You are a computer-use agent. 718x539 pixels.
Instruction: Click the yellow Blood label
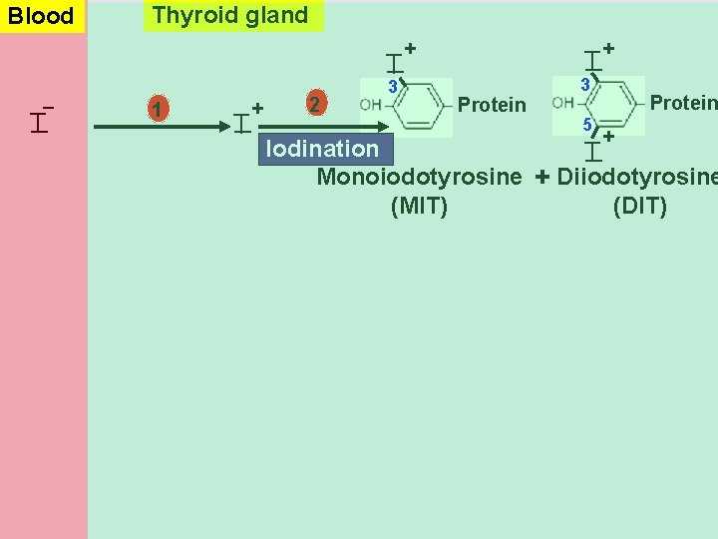click(42, 16)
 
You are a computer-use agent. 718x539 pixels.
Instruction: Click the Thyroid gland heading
click(231, 15)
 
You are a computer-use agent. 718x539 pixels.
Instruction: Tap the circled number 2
click(315, 105)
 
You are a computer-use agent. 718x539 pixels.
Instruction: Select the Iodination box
click(321, 150)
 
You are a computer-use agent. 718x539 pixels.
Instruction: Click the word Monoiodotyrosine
click(419, 178)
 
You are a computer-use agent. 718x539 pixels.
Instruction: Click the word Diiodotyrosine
click(636, 178)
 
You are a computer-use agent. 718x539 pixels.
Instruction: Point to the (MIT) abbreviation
click(419, 207)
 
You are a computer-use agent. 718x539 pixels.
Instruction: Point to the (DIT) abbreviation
click(639, 207)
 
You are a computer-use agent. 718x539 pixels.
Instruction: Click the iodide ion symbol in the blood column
click(40, 120)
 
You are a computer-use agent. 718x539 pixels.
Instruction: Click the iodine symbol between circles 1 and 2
click(242, 122)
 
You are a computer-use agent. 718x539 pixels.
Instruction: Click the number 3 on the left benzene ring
click(393, 87)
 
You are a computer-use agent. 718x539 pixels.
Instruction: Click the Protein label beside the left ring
click(491, 105)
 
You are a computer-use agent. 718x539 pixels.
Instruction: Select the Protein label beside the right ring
click(682, 102)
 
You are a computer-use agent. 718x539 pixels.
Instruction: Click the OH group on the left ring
click(370, 105)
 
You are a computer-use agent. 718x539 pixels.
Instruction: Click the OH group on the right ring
click(562, 103)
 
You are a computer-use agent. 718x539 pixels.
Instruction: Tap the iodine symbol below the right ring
click(593, 150)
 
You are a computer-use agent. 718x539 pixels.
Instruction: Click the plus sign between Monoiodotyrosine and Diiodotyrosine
click(540, 178)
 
